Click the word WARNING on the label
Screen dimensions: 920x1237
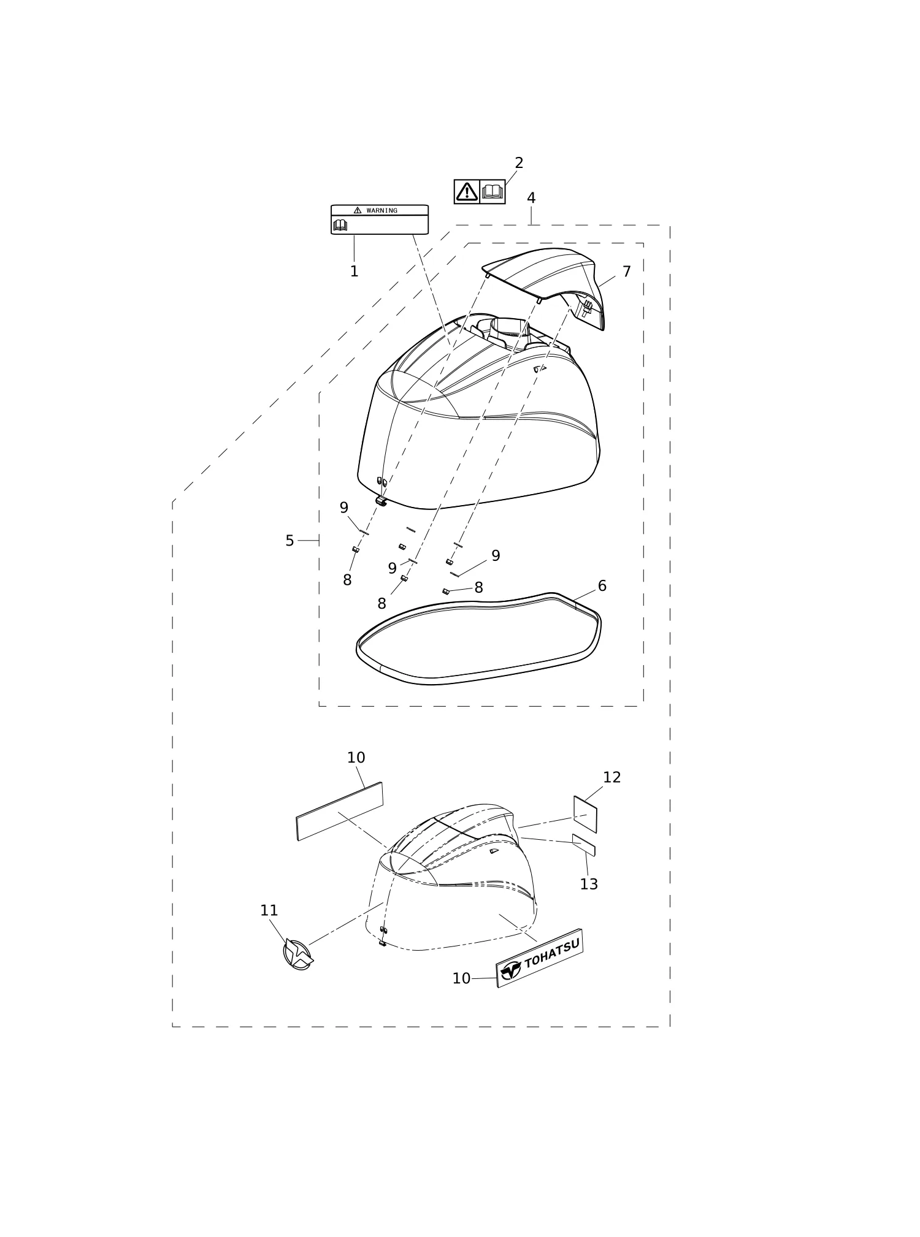[381, 211]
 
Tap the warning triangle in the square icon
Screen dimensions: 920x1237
[467, 192]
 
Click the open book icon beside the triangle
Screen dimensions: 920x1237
[492, 192]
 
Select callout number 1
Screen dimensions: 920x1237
[354, 272]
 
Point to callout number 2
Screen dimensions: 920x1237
[519, 163]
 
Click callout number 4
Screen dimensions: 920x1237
[531, 198]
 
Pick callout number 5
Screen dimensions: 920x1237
[289, 541]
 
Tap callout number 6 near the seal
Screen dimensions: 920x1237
[602, 586]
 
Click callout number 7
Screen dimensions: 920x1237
[626, 272]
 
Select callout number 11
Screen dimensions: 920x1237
[269, 911]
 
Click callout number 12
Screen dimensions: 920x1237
[612, 777]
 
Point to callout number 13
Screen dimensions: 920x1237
[589, 884]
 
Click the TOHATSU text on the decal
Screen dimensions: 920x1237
[552, 954]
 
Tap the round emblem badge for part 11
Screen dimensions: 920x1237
[297, 955]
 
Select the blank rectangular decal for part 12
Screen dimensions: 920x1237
[585, 814]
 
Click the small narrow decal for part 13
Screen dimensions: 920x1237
[583, 845]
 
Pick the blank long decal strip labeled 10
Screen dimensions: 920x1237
[340, 811]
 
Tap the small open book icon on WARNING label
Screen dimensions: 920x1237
[340, 225]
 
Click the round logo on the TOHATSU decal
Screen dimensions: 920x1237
[510, 970]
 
